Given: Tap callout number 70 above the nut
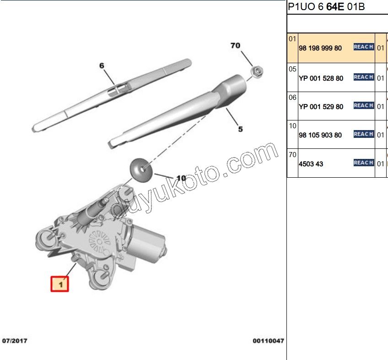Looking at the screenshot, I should [235, 45].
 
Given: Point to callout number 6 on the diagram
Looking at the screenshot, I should [102, 65].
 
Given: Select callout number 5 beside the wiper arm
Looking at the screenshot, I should [240, 129].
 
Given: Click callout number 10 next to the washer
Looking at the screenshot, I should [181, 178].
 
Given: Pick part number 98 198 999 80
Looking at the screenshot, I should [320, 48].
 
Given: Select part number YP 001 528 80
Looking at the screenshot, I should [320, 78].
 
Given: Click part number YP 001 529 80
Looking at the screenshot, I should [320, 107].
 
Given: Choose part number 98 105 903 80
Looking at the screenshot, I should [320, 135].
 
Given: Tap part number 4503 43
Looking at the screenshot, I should [311, 164].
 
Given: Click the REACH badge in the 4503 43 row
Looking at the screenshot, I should [363, 163].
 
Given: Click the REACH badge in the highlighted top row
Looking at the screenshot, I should [363, 47].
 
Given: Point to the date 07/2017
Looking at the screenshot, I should [15, 341].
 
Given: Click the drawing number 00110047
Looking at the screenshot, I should [268, 341].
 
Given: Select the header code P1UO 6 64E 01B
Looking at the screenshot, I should [326, 7].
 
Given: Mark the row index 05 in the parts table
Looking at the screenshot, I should [293, 69].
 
